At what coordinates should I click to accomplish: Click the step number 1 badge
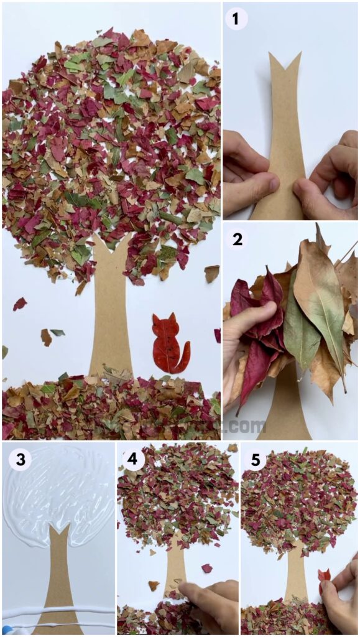click(x=236, y=19)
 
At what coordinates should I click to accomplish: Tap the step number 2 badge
click(x=237, y=239)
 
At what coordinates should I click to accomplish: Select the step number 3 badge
click(x=21, y=460)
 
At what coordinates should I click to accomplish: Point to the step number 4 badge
click(x=133, y=460)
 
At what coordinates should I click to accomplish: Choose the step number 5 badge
click(x=255, y=460)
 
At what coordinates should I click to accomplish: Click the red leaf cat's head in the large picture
click(x=164, y=326)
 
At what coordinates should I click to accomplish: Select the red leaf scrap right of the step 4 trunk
click(x=207, y=568)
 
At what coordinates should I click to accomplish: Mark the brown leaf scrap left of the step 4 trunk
click(x=153, y=585)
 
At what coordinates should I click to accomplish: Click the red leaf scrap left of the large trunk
click(x=20, y=304)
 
